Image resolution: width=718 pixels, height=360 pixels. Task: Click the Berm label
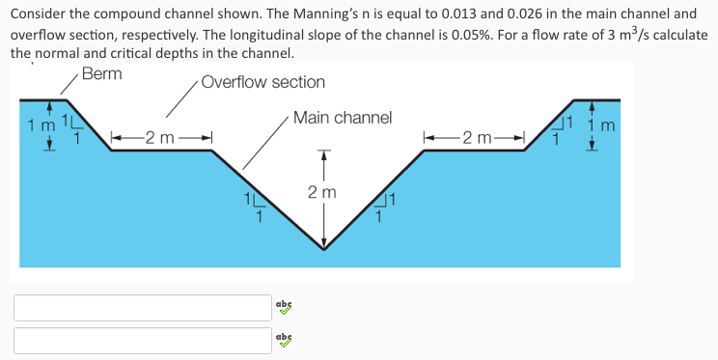(102, 74)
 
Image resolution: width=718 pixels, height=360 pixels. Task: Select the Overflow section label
(262, 82)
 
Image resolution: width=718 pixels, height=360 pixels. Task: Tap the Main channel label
(343, 118)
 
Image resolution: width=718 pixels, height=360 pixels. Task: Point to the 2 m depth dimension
(322, 193)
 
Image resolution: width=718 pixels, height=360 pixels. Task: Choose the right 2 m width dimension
(476, 138)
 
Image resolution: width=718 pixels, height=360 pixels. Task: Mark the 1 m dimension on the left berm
(41, 125)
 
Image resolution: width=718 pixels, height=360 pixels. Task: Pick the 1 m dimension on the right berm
(601, 125)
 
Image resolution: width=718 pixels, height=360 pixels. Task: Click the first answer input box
(143, 307)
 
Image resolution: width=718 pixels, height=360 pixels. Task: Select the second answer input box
(143, 340)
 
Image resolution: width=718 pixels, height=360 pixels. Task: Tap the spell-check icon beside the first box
(283, 307)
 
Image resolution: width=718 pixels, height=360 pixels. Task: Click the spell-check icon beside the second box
(283, 340)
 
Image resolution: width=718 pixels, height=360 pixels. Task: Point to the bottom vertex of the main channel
(323, 249)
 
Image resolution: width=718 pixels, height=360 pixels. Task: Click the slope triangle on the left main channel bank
(253, 208)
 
